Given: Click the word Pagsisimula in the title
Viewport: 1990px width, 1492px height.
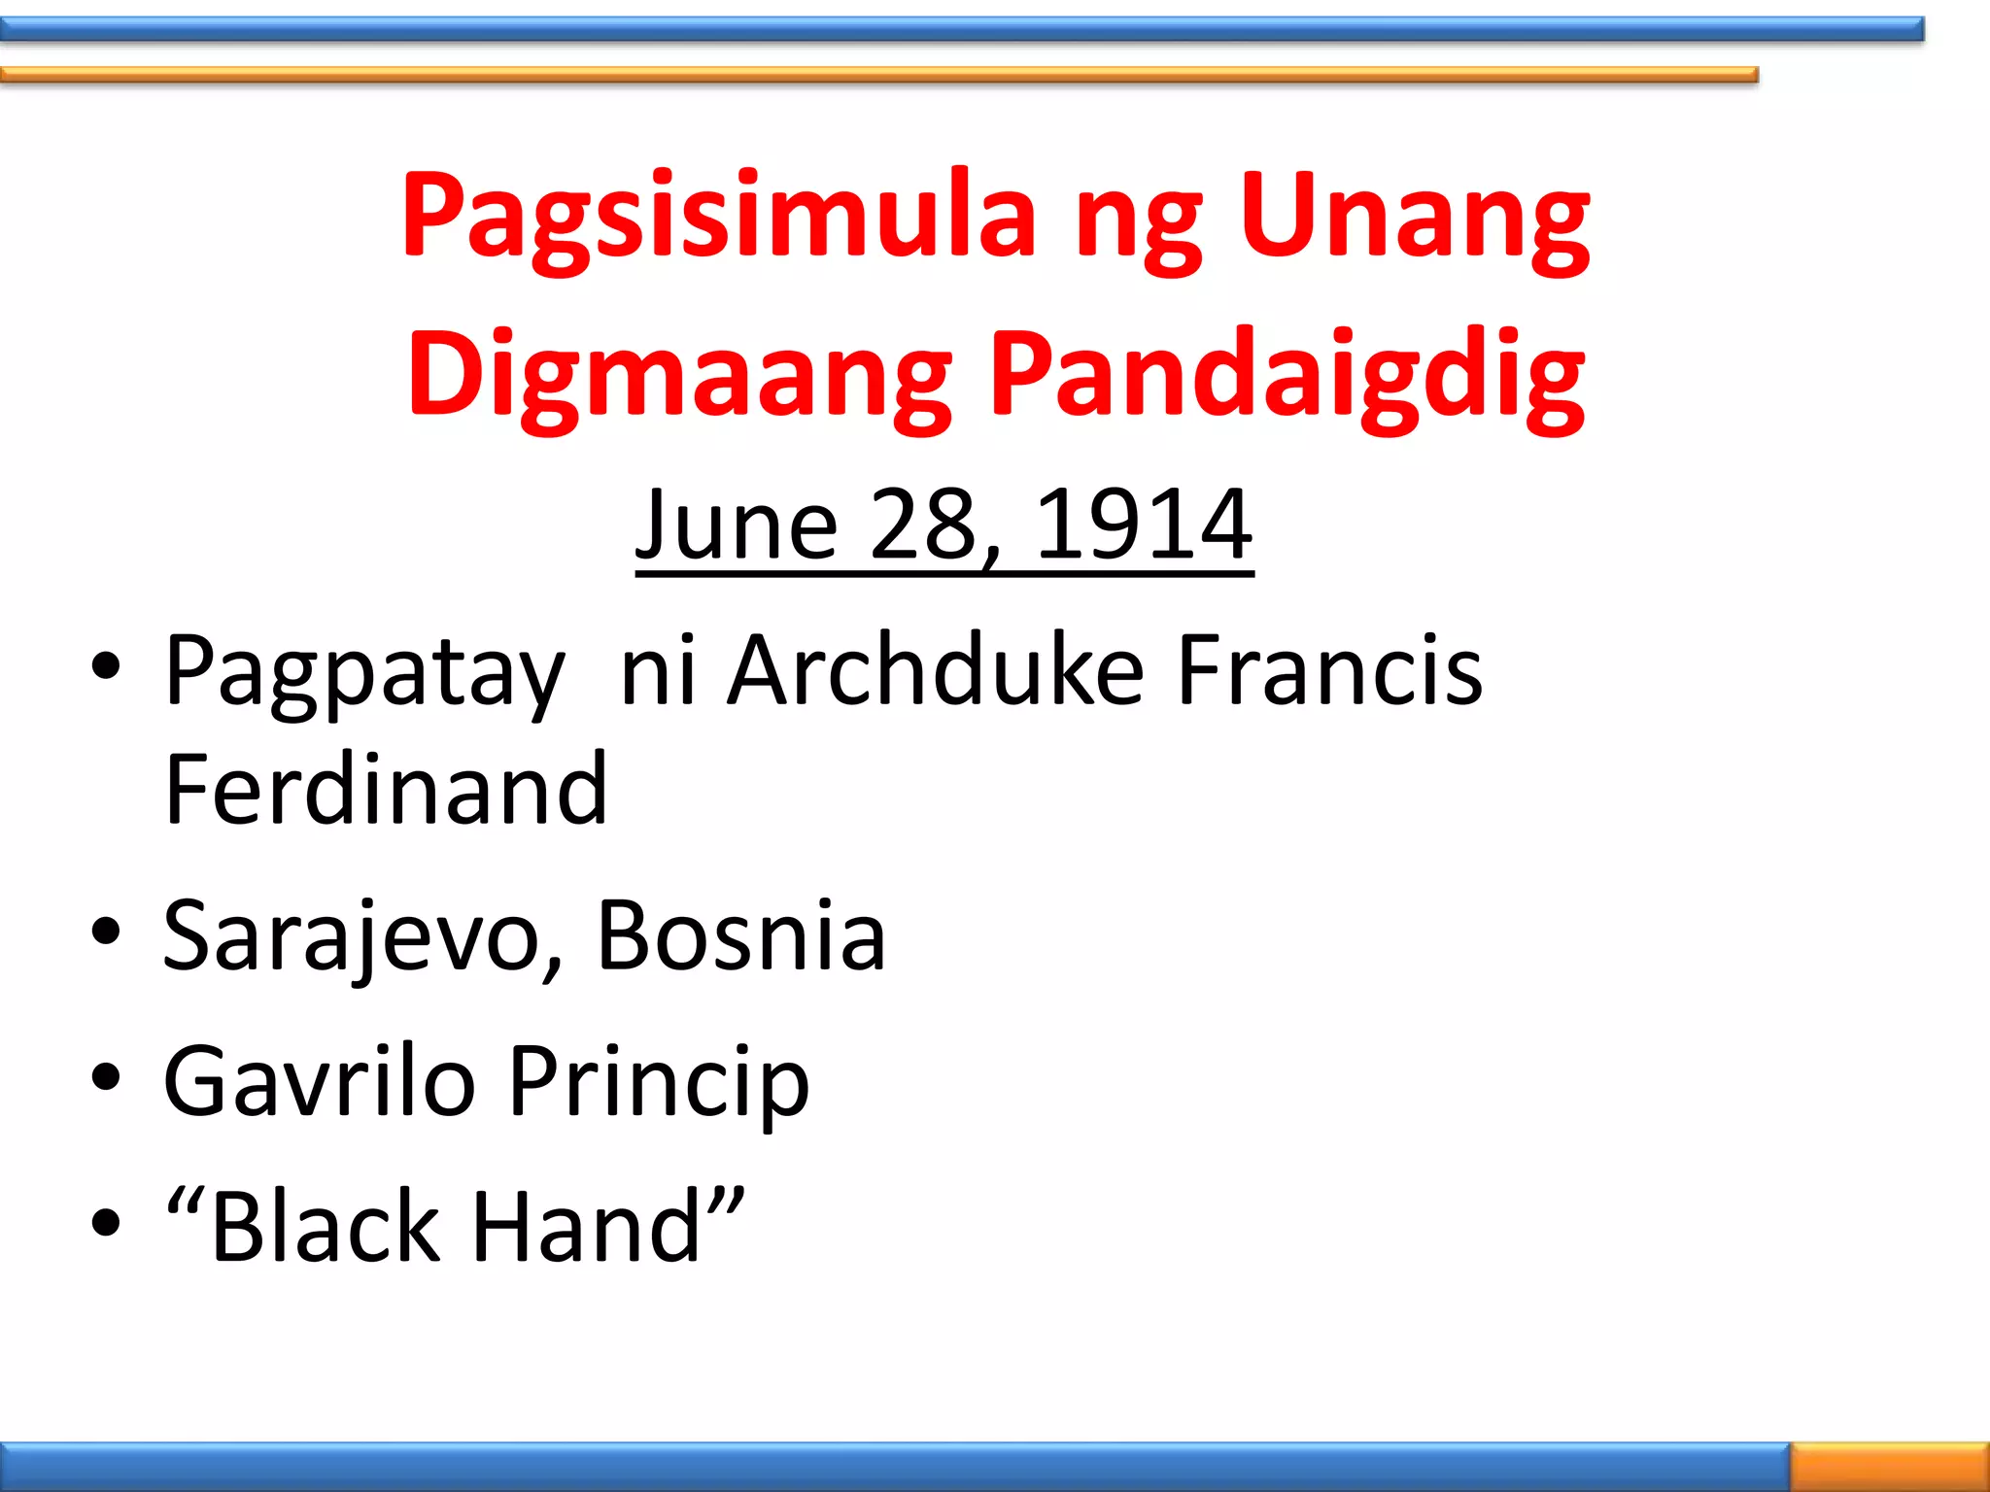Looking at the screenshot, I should tap(718, 216).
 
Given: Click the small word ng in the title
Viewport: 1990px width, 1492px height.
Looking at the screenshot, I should tap(1138, 223).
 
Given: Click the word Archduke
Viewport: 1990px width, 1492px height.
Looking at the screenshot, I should tap(936, 670).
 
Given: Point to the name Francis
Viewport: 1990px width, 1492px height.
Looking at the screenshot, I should tap(1329, 670).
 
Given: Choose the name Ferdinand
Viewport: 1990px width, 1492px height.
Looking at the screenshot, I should tap(386, 789).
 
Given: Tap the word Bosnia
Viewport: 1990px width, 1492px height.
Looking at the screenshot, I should tap(740, 934).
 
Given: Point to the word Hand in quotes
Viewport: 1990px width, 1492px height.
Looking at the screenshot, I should tap(587, 1226).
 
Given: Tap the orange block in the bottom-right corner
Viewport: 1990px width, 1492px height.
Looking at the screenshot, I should tap(1889, 1466).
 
